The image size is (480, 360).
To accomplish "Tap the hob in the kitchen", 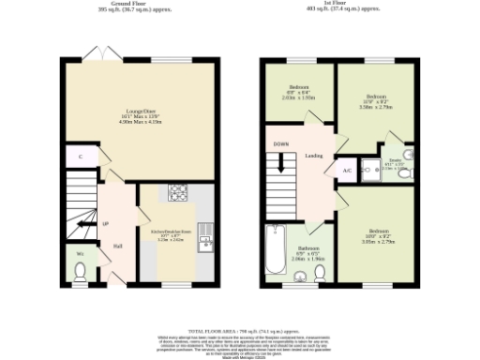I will pos(177,193).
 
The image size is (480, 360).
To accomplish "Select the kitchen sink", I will pos(204,243).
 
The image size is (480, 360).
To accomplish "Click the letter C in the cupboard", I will pos(81,157).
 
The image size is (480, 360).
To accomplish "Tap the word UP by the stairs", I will pos(105,224).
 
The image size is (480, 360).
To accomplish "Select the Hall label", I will pos(118,247).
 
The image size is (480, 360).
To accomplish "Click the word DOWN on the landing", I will pos(281,144).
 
